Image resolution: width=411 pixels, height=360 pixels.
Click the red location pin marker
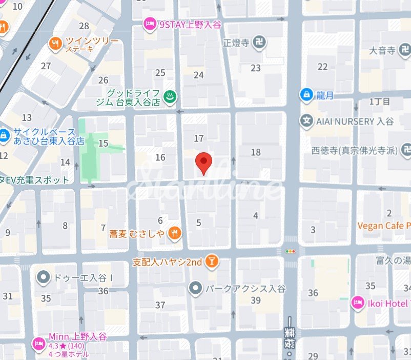[204, 162]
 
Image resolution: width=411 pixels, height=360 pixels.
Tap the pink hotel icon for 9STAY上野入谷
[150, 24]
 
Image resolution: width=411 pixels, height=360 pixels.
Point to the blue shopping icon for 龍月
[306, 94]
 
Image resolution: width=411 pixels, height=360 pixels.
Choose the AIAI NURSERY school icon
[306, 122]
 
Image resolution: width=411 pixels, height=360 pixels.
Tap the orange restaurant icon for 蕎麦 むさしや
[175, 233]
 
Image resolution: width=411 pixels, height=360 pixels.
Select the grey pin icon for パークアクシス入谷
[195, 288]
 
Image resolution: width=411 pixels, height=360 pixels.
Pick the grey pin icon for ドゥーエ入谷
[43, 277]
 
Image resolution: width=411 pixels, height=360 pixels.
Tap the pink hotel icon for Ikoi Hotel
[357, 303]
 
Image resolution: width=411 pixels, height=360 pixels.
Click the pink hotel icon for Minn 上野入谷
[38, 343]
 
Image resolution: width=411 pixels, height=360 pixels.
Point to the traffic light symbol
[291, 251]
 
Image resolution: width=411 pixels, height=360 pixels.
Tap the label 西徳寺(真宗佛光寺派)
[361, 150]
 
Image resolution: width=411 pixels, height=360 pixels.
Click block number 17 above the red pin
[199, 138]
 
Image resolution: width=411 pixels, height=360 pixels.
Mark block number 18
[255, 152]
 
